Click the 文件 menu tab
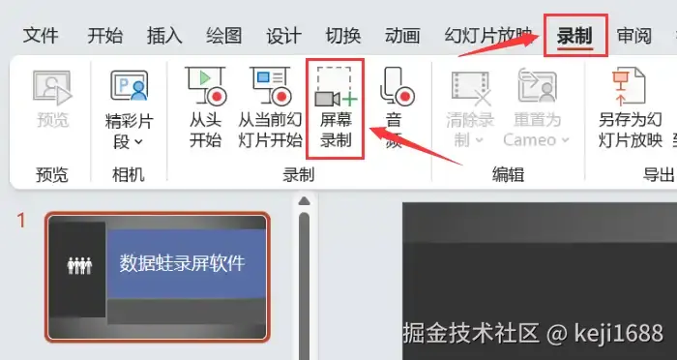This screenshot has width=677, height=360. pyautogui.click(x=41, y=36)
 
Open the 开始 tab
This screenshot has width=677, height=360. pyautogui.click(x=104, y=36)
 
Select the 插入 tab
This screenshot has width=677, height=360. pyautogui.click(x=164, y=36)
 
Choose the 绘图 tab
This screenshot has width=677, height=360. pyautogui.click(x=224, y=36)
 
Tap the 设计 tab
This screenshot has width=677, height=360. pyautogui.click(x=283, y=36)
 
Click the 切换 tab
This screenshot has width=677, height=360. pyautogui.click(x=343, y=36)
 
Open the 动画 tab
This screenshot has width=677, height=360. pyautogui.click(x=402, y=36)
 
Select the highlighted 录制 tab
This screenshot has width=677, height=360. pyautogui.click(x=574, y=36)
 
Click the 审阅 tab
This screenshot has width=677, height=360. pyautogui.click(x=634, y=36)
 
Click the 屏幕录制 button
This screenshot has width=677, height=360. pyautogui.click(x=336, y=108)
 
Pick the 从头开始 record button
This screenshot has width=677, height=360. pyautogui.click(x=205, y=108)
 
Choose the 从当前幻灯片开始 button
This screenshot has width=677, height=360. pyautogui.click(x=270, y=108)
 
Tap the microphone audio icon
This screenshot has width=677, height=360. pyautogui.click(x=397, y=86)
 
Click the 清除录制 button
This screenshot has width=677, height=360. pyautogui.click(x=470, y=108)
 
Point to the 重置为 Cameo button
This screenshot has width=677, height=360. pyautogui.click(x=537, y=108)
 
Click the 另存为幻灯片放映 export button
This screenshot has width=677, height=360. pyautogui.click(x=631, y=108)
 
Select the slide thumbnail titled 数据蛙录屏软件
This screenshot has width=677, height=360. pyautogui.click(x=158, y=277)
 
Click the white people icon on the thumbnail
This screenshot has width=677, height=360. pyautogui.click(x=80, y=265)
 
